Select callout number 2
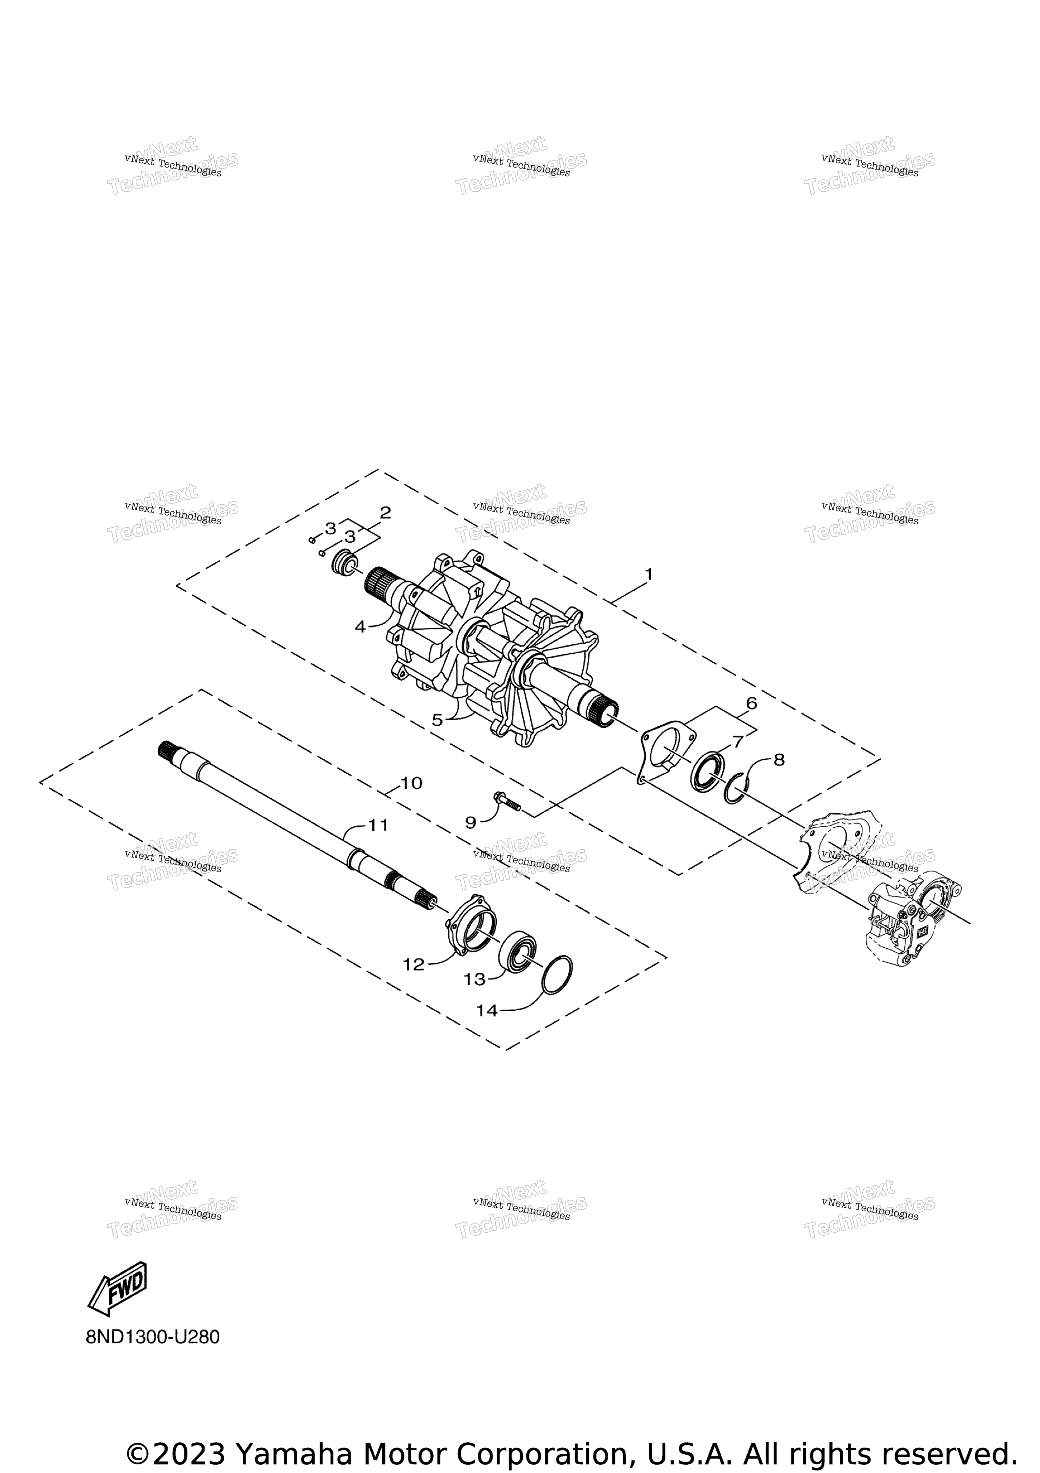tap(386, 512)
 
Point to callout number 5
tap(437, 720)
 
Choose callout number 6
tap(751, 703)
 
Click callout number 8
tap(779, 760)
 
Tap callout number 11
tap(378, 825)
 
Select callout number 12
tap(414, 964)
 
